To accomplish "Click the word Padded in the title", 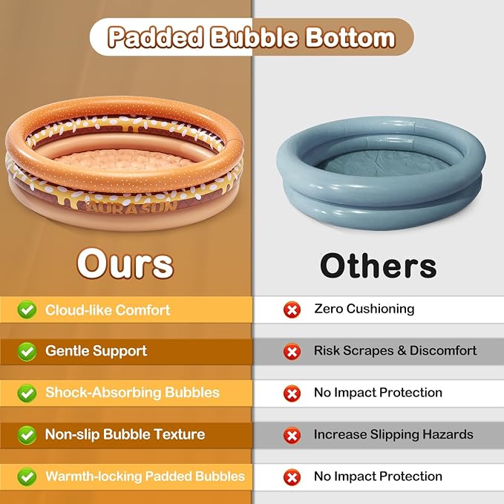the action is pos(156,37).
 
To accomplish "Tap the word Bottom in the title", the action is pos(350,37).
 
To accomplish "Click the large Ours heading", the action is pos(125,264).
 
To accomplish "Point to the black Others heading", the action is pos(379,266).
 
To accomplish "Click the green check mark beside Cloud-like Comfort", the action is pos(27,310).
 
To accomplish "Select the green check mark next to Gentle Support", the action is pos(27,351).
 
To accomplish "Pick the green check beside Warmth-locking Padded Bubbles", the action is pos(27,477).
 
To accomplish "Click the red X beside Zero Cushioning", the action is pos(292,310).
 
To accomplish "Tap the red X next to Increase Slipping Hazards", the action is pos(292,436).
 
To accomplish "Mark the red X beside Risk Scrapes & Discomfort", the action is pos(292,352).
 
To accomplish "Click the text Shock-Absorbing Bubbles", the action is pos(132,393).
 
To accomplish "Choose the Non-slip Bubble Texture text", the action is pos(125,434).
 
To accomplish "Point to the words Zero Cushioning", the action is pos(364,309).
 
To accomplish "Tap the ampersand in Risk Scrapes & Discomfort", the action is pos(402,350).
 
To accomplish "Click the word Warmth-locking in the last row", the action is pos(94,477).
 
